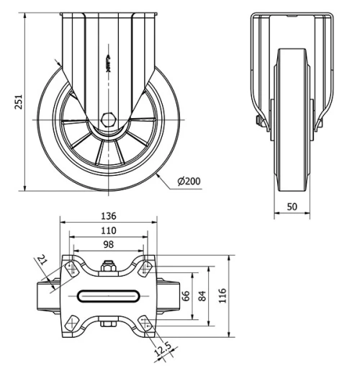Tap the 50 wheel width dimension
point(292,207)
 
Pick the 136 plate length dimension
point(109,216)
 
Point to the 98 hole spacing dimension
point(109,244)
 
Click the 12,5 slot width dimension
point(163,350)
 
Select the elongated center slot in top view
point(109,295)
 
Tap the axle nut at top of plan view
point(109,267)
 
